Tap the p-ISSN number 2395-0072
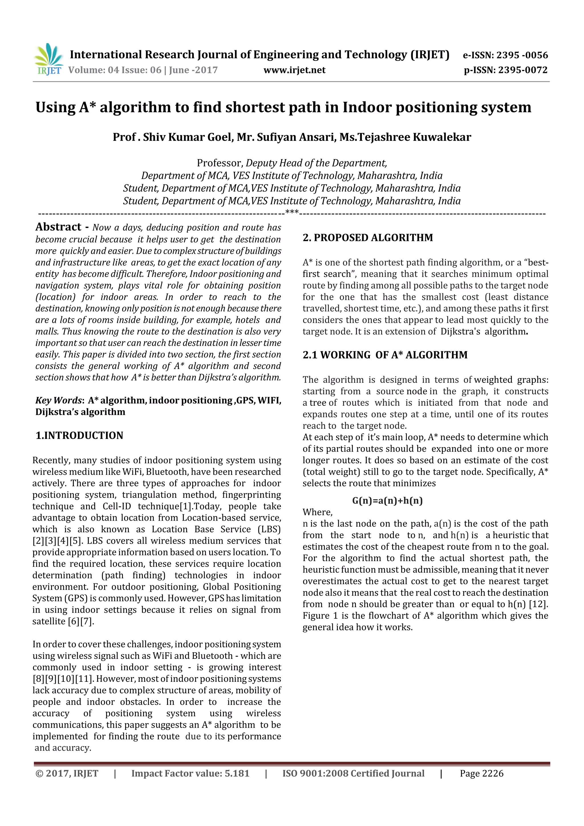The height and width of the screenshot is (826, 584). point(523,70)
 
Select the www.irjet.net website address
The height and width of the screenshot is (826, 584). point(294,70)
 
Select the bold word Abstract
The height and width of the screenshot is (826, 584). point(58,227)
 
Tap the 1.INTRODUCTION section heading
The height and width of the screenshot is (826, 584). point(79,435)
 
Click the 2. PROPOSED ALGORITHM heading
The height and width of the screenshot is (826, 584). point(368,238)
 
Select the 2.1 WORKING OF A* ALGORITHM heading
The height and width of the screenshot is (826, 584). point(385,355)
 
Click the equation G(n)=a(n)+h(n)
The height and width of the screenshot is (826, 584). point(387,500)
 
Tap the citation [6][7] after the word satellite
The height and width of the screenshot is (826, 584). point(81,621)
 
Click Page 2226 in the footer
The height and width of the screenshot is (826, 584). point(481,773)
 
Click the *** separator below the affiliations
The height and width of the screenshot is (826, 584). point(292,212)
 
